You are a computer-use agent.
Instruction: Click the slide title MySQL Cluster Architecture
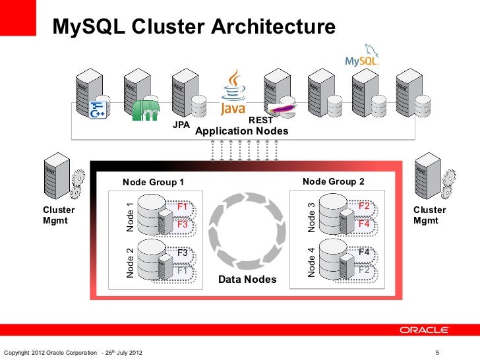click(x=195, y=27)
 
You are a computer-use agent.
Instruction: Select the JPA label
click(x=181, y=125)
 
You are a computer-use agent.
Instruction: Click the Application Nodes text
click(x=242, y=132)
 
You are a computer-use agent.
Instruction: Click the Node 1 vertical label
click(x=130, y=216)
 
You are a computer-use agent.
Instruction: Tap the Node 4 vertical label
click(x=311, y=262)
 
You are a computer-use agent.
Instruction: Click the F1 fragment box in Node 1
click(x=182, y=206)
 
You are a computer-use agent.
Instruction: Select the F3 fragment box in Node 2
click(x=182, y=253)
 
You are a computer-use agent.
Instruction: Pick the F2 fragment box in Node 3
click(x=363, y=206)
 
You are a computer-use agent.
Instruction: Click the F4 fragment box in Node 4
click(x=363, y=253)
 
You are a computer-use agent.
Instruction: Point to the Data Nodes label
click(x=247, y=281)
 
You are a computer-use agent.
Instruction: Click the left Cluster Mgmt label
click(x=59, y=216)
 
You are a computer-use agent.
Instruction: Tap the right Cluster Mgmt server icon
click(x=426, y=175)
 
